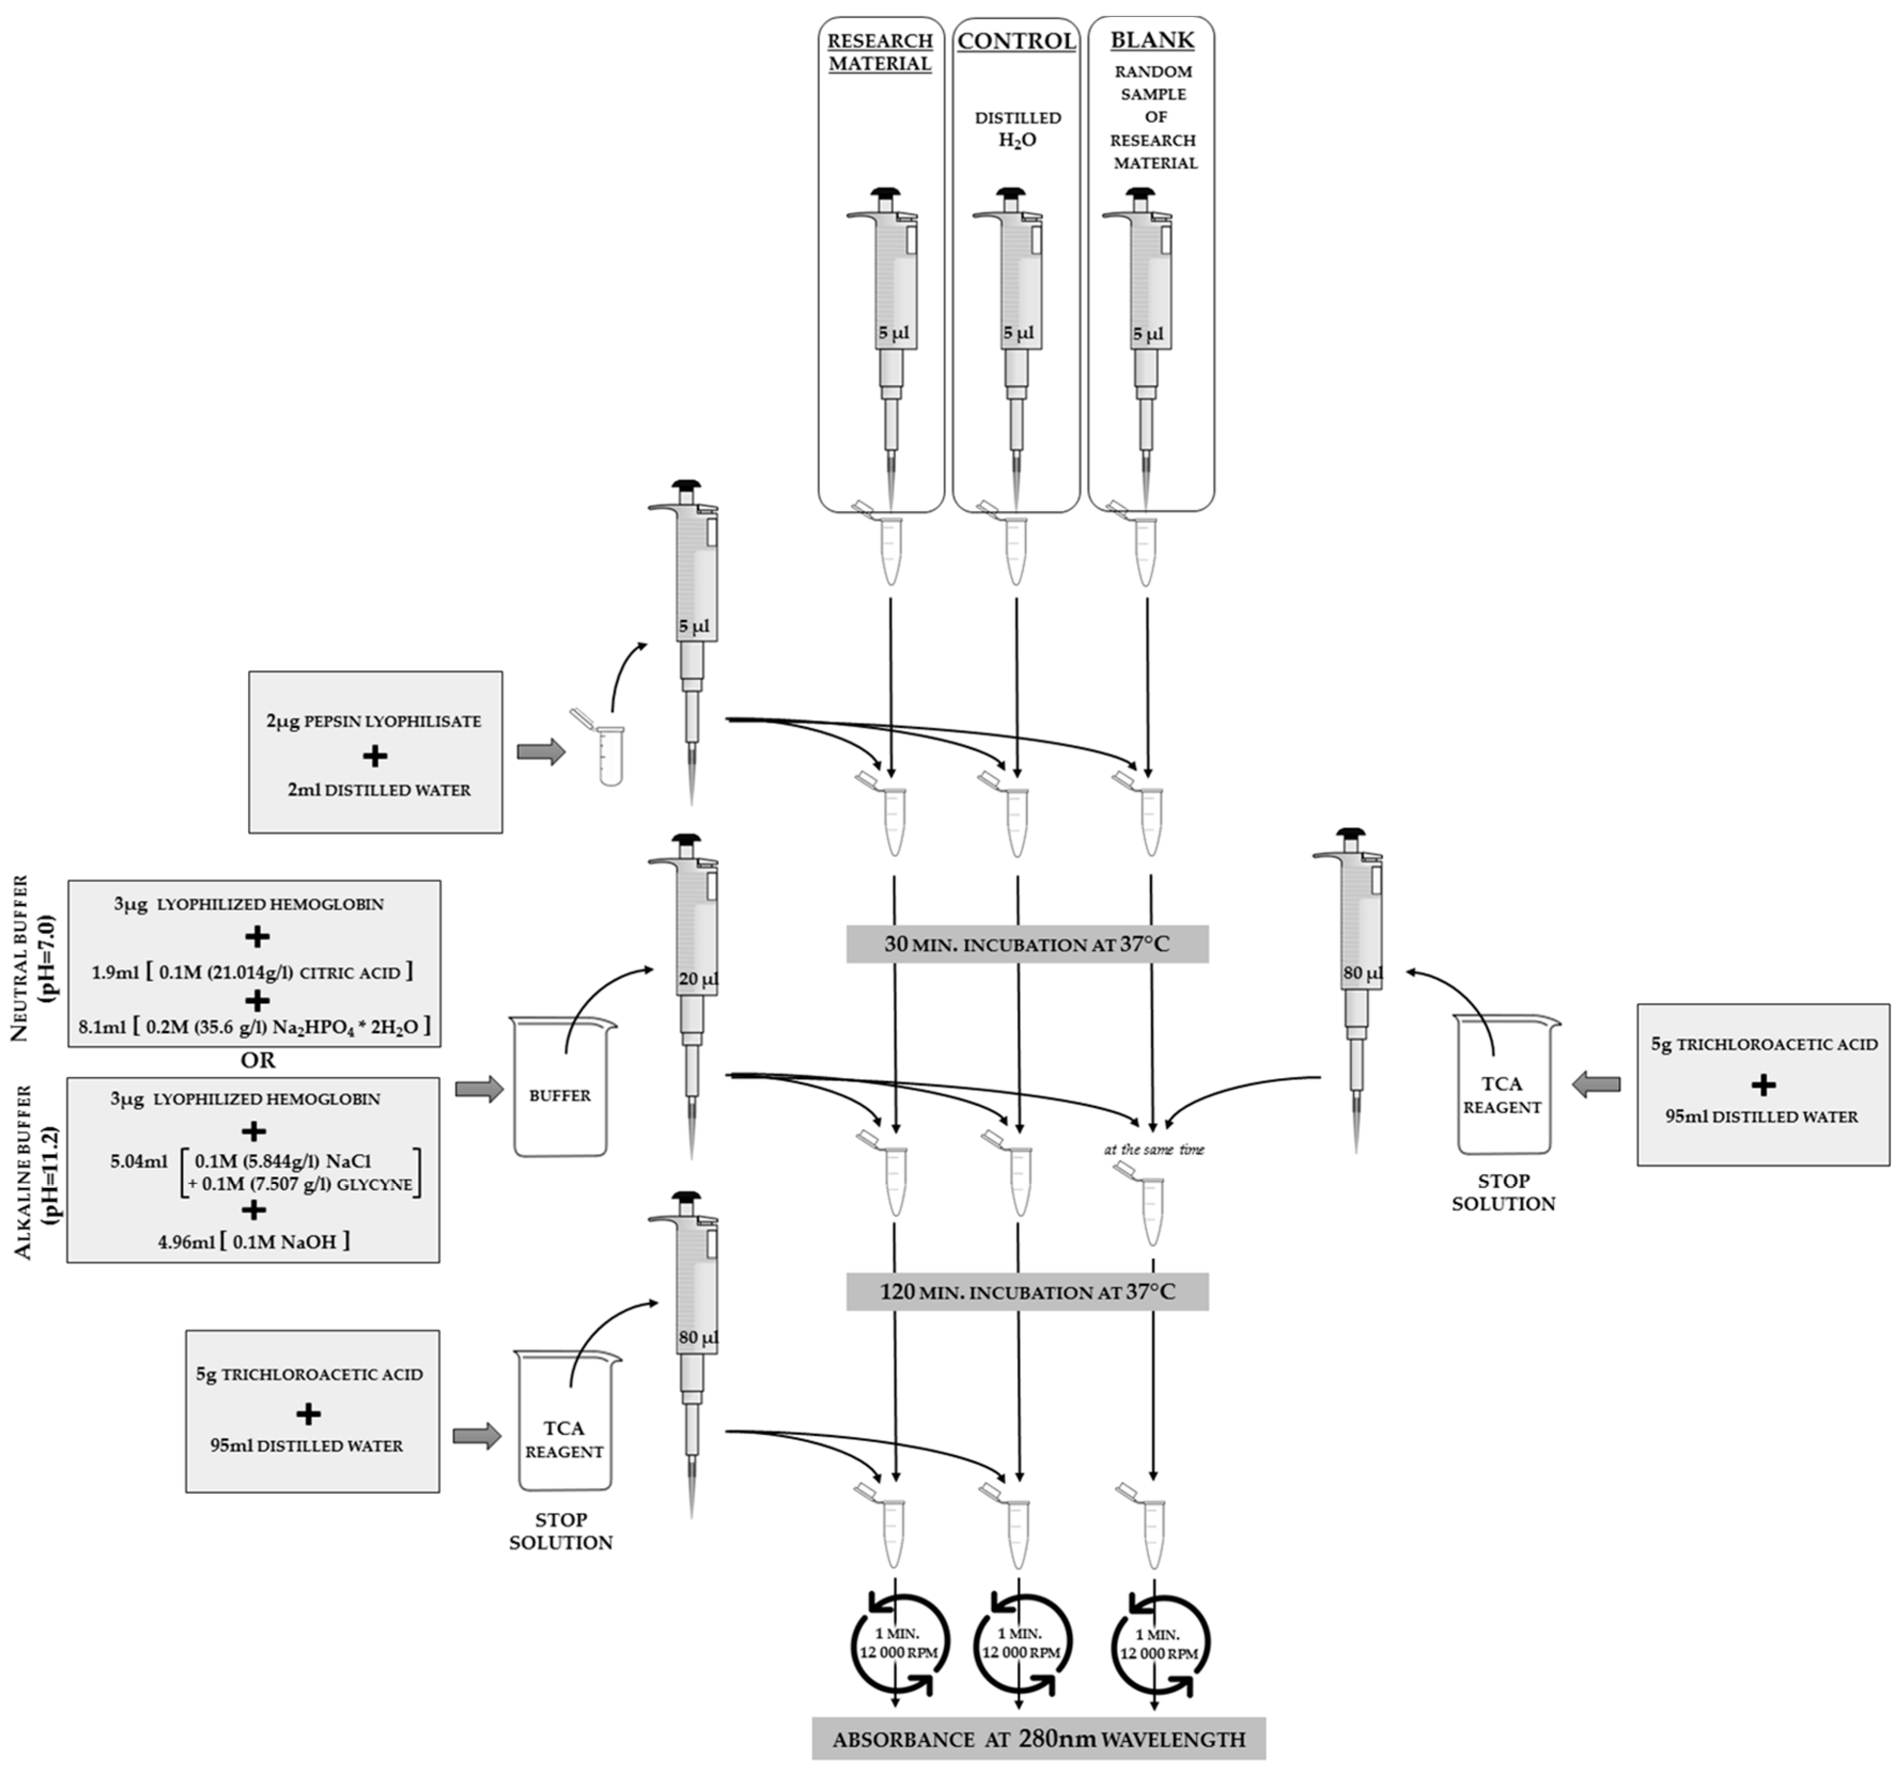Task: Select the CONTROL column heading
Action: (1016, 41)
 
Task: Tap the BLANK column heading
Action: (1152, 40)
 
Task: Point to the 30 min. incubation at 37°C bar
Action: (1027, 943)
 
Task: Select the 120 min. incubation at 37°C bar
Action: (1027, 1291)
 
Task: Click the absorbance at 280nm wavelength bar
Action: (1038, 1739)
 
